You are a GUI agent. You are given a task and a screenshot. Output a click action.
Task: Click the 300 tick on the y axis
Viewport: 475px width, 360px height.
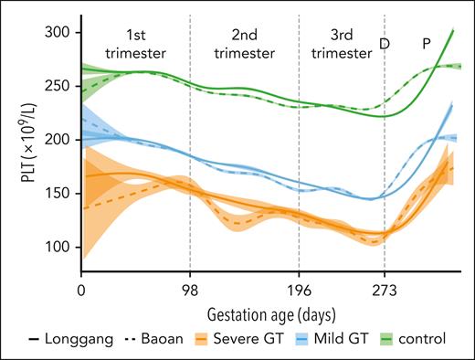pos(61,32)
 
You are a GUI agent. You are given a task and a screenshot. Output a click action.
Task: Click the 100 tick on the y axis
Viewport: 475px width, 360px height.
pos(61,247)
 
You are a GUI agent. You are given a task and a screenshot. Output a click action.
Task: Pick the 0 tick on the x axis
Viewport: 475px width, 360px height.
pos(81,292)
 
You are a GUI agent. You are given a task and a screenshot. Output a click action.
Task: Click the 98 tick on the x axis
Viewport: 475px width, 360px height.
pos(190,292)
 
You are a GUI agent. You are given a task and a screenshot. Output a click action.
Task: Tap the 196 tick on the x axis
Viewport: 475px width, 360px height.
pos(299,292)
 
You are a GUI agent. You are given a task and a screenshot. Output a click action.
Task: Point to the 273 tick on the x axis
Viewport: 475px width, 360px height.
pos(385,292)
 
